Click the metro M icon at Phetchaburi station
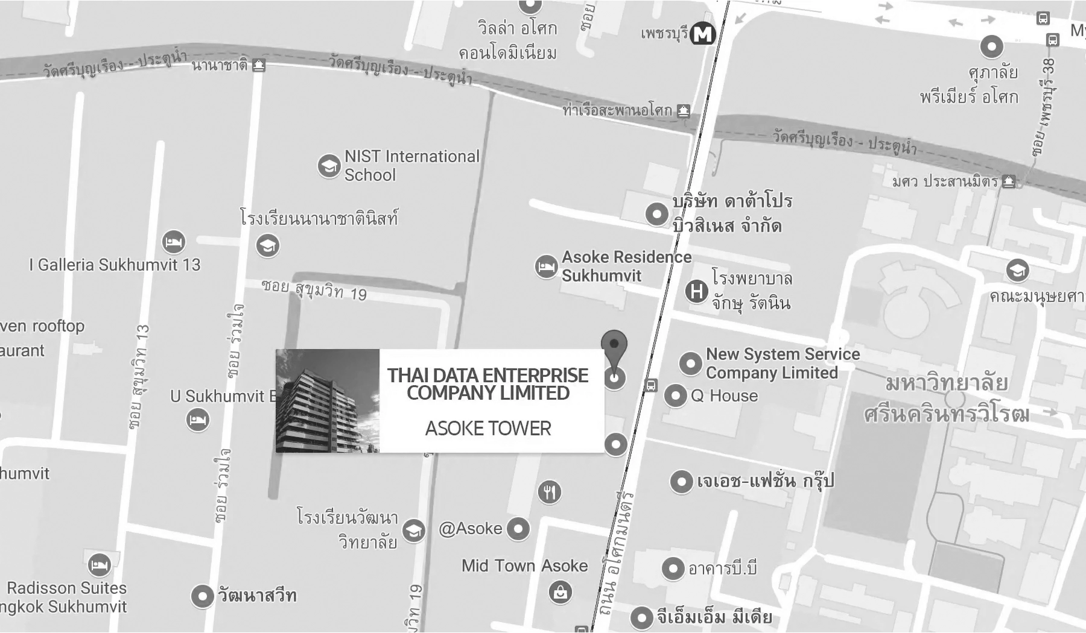[702, 34]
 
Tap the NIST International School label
[412, 166]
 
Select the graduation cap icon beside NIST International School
[329, 165]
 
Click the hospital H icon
[696, 292]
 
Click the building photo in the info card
[328, 401]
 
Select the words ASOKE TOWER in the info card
[488, 429]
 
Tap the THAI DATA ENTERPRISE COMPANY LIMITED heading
[487, 384]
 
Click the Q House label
[724, 396]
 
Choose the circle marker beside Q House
[676, 396]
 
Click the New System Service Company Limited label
[783, 364]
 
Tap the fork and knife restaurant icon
[549, 493]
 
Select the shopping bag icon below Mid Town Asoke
[560, 592]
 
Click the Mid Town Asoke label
[524, 566]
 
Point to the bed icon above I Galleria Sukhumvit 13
[174, 242]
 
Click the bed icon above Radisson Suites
[99, 565]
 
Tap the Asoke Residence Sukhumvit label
[626, 266]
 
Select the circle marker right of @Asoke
[518, 529]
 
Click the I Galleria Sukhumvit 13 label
[115, 265]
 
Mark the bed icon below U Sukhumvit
[197, 420]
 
